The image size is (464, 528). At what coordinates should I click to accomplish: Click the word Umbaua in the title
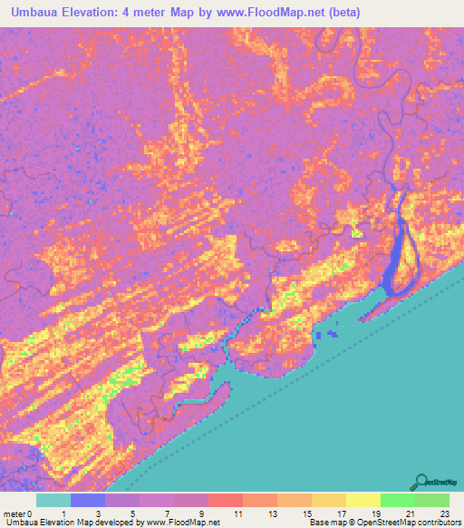[37, 13]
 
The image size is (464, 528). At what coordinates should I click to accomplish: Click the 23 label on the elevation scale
[443, 513]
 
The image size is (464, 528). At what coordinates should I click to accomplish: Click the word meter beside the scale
[15, 513]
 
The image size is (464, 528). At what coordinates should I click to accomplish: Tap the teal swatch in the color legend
[53, 500]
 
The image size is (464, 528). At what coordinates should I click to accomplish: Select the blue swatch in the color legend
[88, 500]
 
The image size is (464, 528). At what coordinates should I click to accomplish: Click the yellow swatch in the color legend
[362, 500]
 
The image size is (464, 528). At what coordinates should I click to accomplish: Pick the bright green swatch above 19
[397, 500]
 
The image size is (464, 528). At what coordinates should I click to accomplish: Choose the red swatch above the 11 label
[226, 500]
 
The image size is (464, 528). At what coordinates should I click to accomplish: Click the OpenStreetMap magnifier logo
[420, 482]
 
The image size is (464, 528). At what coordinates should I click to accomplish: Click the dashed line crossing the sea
[272, 391]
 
